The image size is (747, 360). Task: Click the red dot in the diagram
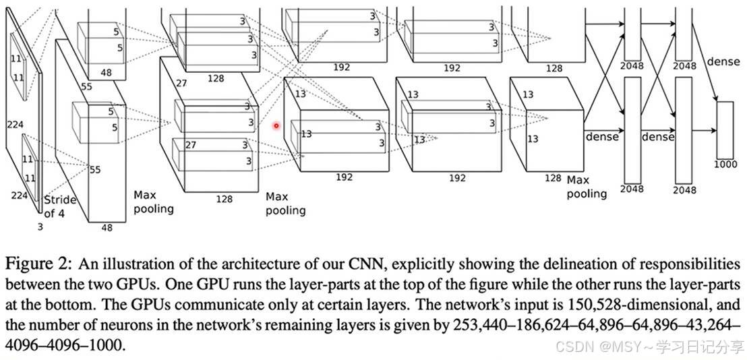(276, 125)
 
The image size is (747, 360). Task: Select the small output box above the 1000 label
(724, 129)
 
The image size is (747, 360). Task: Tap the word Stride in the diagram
(59, 200)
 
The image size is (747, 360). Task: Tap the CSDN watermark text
(572, 347)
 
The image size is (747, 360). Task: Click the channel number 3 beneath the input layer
(40, 227)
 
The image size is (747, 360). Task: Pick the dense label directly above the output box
(723, 62)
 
